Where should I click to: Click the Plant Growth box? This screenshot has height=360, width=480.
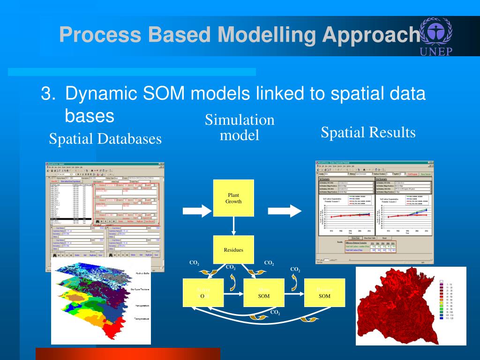[x=233, y=198]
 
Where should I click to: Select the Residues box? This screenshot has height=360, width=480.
[x=233, y=249]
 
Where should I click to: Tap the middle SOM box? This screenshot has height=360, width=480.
[x=264, y=293]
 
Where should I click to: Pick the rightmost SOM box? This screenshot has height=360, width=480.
[x=324, y=293]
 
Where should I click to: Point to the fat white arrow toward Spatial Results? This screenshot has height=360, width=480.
[x=291, y=211]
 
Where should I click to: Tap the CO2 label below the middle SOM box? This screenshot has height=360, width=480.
[x=275, y=312]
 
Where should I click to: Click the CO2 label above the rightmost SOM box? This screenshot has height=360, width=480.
[x=295, y=270]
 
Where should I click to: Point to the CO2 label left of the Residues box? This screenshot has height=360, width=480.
[x=194, y=263]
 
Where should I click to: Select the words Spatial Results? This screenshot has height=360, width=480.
[x=368, y=133]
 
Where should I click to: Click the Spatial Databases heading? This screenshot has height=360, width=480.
[x=105, y=139]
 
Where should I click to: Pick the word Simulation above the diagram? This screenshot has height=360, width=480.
[x=240, y=120]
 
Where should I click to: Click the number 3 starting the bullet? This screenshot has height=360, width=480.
[x=45, y=94]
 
